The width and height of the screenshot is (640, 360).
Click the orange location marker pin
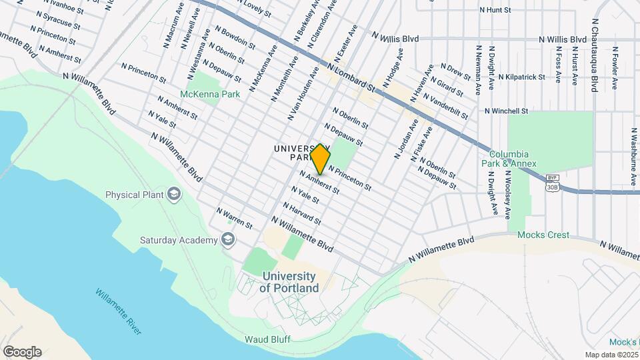320,159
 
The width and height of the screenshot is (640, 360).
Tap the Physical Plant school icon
174,195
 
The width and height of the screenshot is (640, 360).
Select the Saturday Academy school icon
228,240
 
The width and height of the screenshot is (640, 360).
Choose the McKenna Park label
210,95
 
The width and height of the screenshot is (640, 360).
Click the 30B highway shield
552,187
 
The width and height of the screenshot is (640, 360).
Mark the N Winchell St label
507,111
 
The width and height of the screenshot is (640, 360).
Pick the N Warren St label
234,217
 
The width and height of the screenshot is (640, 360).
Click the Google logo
22,352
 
